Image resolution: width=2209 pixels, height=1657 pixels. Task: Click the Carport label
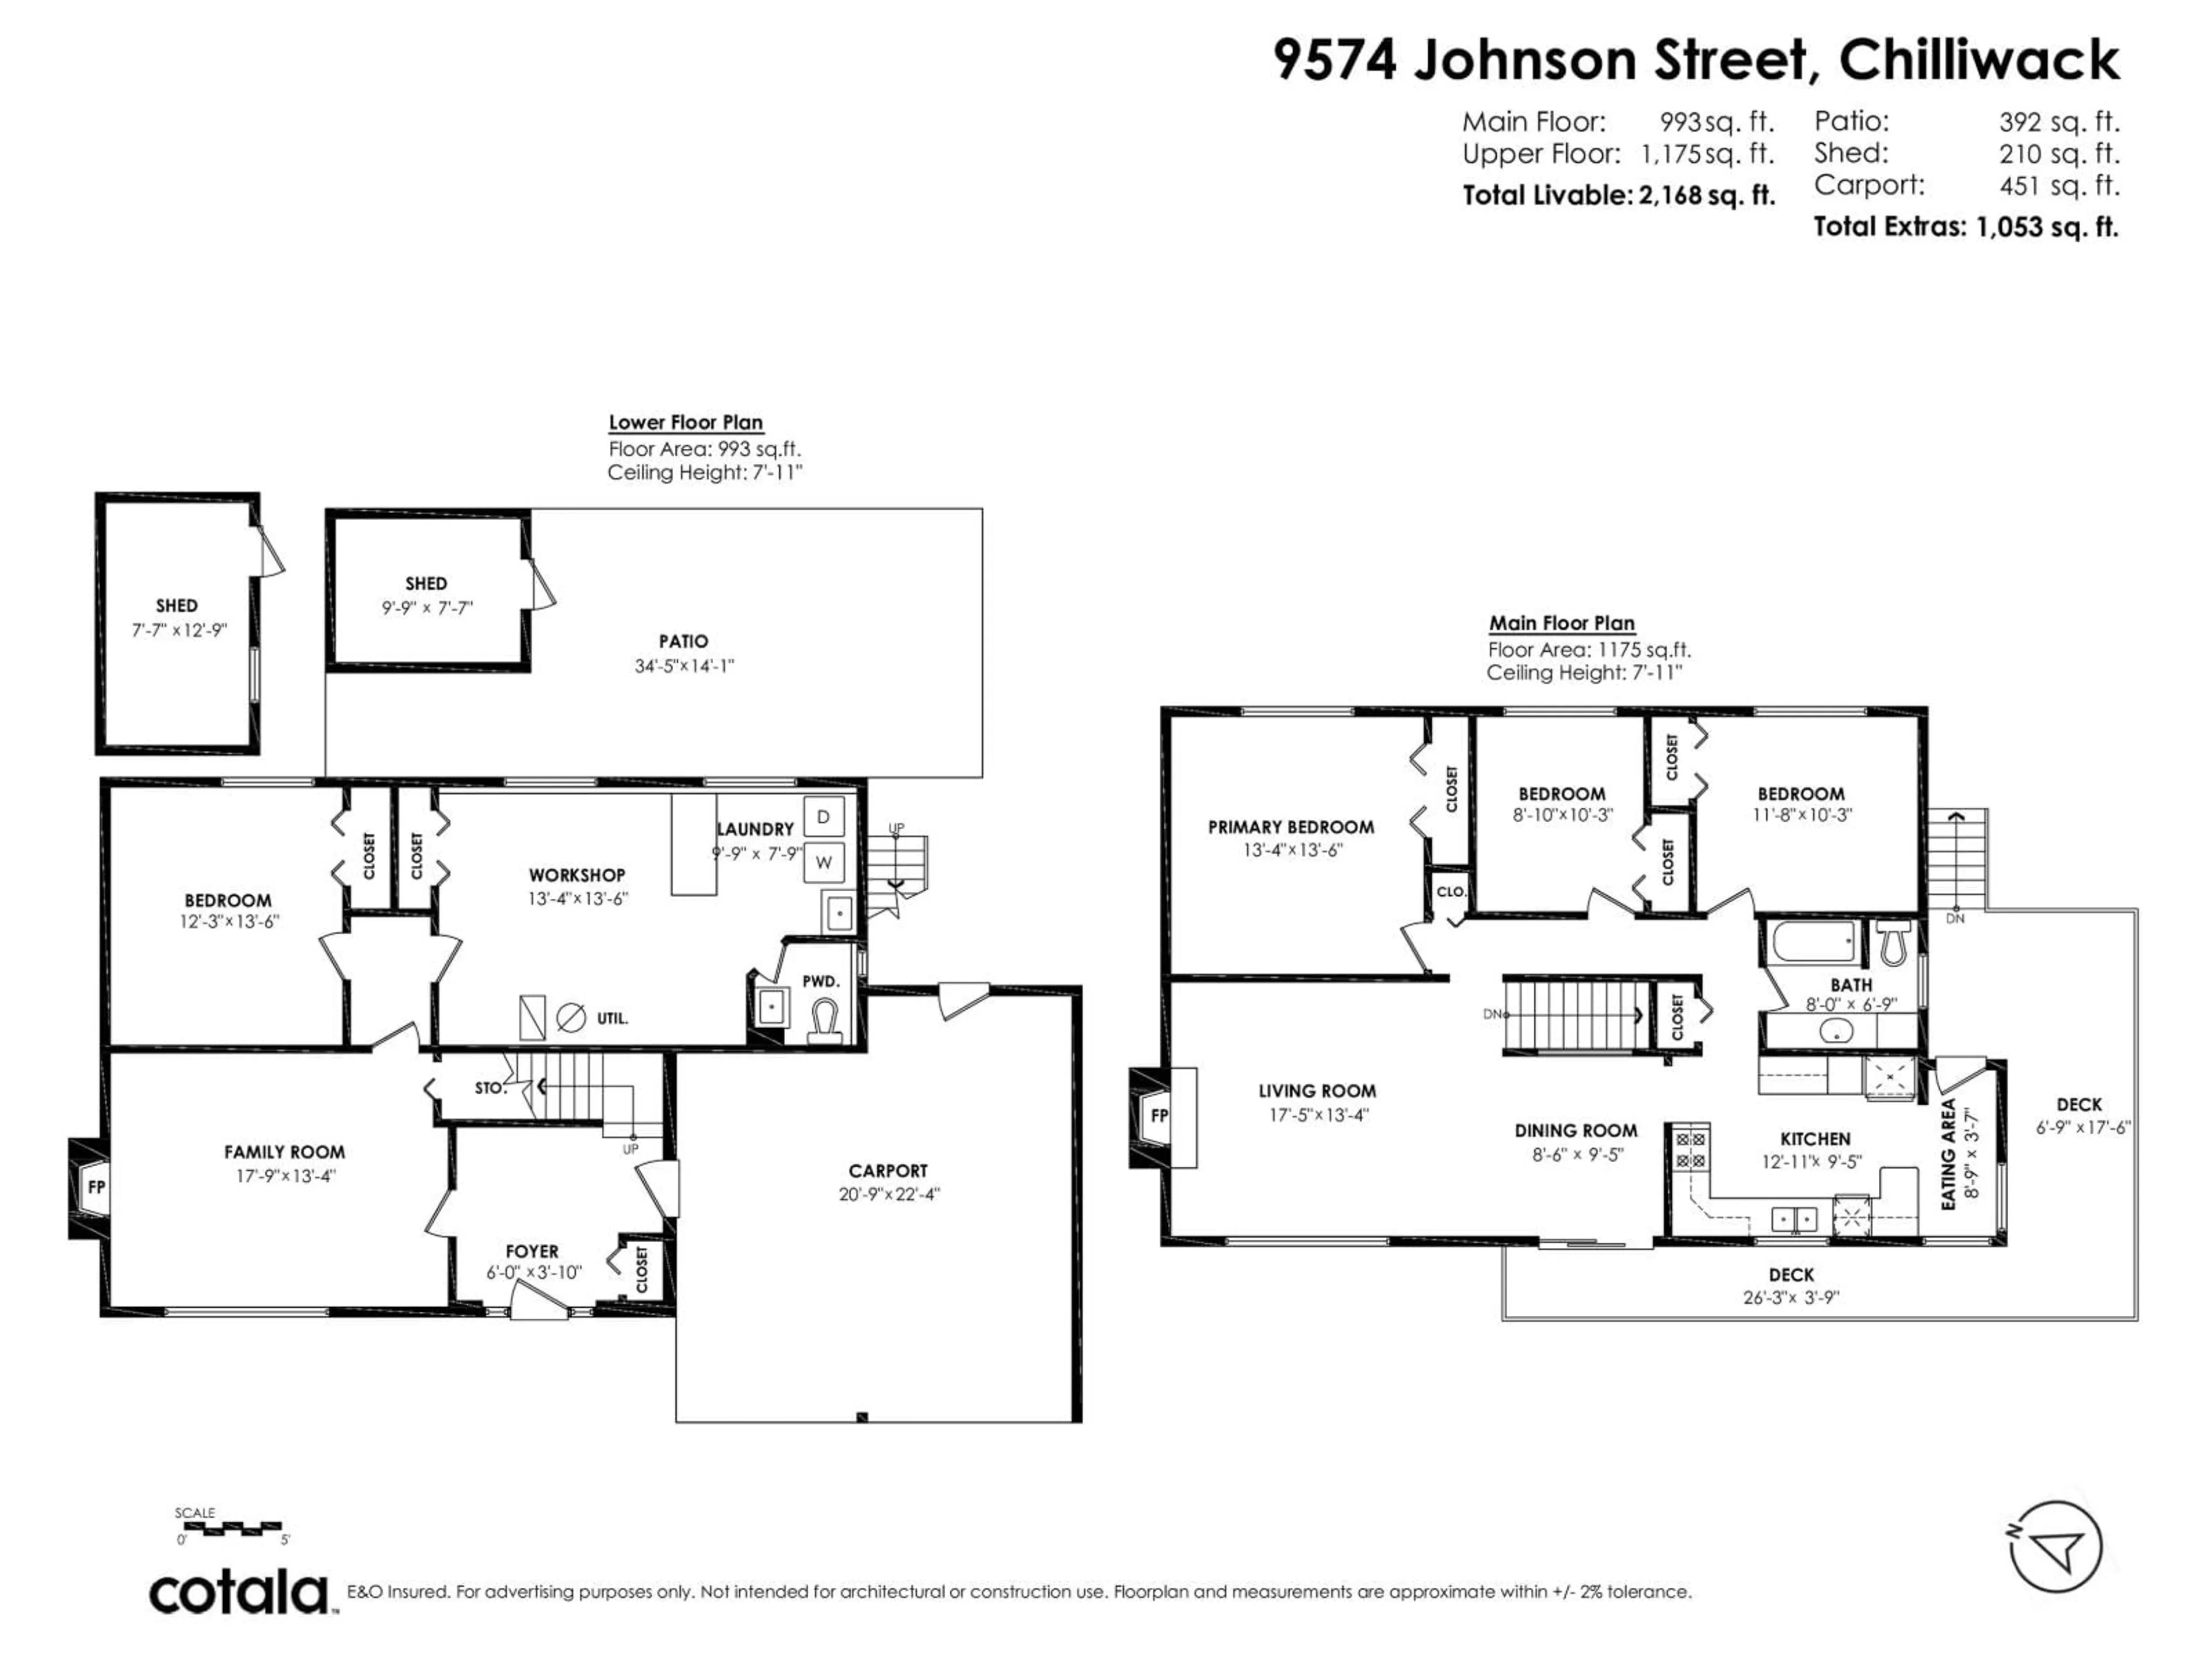(x=888, y=1171)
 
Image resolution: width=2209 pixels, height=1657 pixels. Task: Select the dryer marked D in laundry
(x=824, y=817)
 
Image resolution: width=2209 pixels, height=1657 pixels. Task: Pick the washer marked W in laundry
(x=824, y=862)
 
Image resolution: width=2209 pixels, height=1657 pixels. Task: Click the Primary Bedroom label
(x=1290, y=827)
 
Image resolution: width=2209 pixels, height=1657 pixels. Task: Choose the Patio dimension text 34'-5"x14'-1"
(x=684, y=666)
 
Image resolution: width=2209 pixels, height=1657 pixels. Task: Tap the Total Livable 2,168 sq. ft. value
(x=1706, y=196)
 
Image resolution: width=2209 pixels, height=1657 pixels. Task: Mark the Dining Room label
(x=1576, y=1131)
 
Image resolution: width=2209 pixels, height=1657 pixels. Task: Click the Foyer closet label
(x=642, y=1269)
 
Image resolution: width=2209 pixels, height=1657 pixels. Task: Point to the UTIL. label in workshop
(x=612, y=1019)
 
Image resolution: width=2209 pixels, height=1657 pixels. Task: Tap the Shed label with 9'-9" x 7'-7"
(x=426, y=583)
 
